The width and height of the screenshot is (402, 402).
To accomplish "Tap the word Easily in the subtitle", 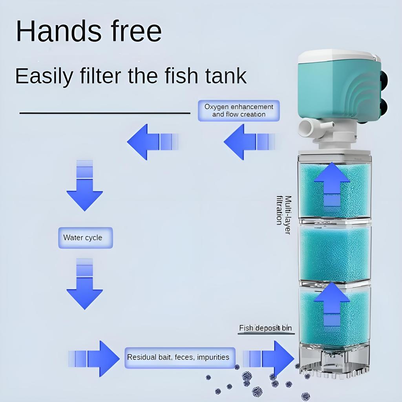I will click(x=44, y=76).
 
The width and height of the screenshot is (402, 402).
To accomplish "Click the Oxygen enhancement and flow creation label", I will click(x=239, y=110).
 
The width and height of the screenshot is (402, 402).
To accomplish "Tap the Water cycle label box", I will click(x=85, y=238).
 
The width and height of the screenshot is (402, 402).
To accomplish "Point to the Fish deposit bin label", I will click(x=266, y=328).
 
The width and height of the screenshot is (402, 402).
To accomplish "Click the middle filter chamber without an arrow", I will click(x=335, y=253).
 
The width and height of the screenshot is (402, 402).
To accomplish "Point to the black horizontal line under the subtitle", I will click(x=105, y=113).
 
